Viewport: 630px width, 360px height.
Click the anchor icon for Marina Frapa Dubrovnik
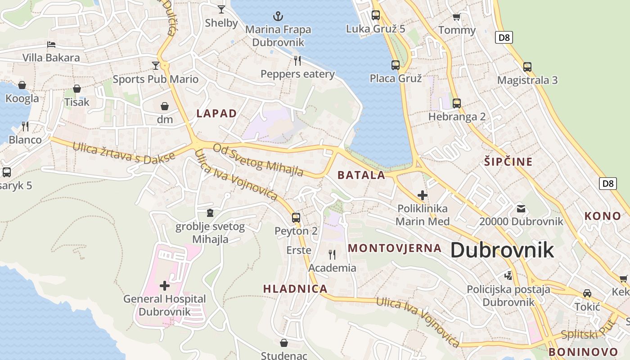click(279, 17)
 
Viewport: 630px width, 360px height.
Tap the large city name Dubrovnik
click(502, 250)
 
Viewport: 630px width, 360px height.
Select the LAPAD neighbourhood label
click(216, 113)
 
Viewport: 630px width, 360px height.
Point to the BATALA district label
click(361, 175)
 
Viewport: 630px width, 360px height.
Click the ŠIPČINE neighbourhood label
click(508, 162)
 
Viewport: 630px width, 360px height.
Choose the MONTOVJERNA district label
click(395, 248)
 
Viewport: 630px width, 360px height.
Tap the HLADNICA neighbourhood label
click(295, 289)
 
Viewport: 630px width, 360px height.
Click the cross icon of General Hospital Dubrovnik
click(165, 285)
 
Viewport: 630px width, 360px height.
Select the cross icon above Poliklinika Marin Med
click(422, 195)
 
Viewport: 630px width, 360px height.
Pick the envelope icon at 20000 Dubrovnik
click(521, 208)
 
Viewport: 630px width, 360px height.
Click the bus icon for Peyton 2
click(296, 218)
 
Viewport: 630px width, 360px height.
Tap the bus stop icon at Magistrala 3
click(527, 67)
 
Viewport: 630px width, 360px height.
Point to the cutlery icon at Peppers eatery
click(297, 60)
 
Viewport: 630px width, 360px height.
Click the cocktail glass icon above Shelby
click(221, 9)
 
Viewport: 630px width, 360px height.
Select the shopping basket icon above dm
click(165, 106)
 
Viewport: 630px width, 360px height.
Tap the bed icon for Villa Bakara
click(51, 45)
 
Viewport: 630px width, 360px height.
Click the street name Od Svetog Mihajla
click(258, 160)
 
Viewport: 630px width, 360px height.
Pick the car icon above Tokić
click(587, 293)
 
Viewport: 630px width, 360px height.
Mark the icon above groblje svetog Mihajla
click(210, 212)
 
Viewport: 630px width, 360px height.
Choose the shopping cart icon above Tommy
click(457, 17)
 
